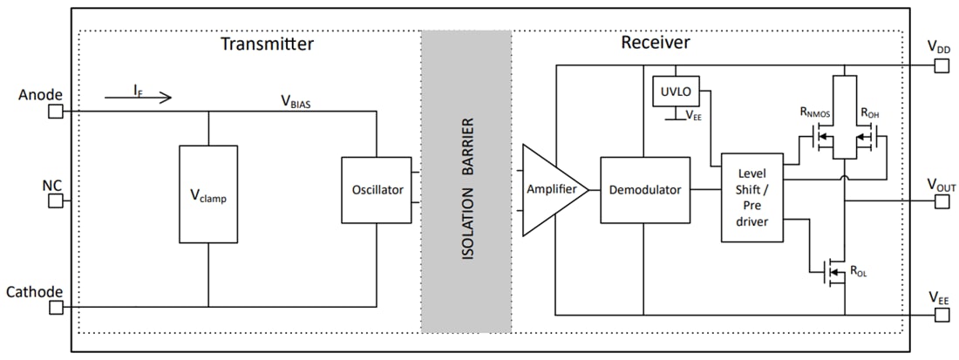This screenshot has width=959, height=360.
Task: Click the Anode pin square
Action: [x=55, y=112]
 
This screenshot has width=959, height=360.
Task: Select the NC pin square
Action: [x=55, y=201]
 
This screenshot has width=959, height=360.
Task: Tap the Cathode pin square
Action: [x=55, y=307]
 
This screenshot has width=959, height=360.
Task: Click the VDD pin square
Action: [x=941, y=65]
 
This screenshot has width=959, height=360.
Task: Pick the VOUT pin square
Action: [x=941, y=201]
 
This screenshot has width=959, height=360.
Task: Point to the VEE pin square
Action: [x=941, y=315]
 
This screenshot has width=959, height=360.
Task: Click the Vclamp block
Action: [x=208, y=194]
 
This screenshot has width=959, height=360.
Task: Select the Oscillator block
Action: [x=376, y=189]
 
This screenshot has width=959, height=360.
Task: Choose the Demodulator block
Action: [x=645, y=189]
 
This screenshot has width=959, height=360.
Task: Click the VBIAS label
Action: [x=296, y=101]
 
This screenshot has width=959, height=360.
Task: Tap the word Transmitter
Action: [x=267, y=44]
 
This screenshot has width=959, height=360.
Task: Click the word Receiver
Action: [x=655, y=43]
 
